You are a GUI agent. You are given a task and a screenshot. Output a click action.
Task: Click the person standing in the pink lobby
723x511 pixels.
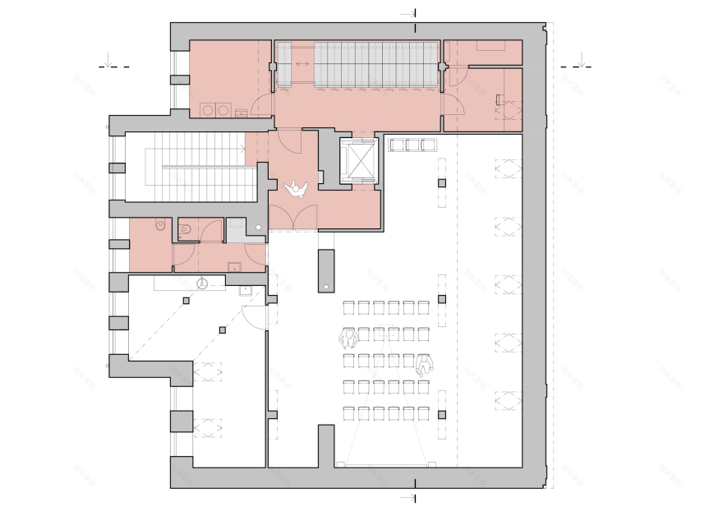tap(296, 190)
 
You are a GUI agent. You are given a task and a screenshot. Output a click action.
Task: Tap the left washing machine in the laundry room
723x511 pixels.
tap(208, 109)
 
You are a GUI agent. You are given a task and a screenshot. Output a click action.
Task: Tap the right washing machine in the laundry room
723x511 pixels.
tap(223, 109)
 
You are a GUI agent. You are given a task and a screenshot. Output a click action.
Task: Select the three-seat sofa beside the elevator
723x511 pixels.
tap(411, 145)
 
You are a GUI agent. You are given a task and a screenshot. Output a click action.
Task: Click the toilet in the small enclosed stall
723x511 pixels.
tap(185, 229)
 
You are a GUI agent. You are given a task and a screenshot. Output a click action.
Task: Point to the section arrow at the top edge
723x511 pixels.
tap(408, 13)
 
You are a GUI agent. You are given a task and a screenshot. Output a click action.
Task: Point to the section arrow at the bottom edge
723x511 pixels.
tap(408, 498)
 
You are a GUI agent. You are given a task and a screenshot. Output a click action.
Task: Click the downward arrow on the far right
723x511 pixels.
tap(582, 60)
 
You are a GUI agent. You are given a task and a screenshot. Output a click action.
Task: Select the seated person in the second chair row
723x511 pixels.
tap(348, 338)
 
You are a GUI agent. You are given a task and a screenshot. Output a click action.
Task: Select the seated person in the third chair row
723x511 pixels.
tap(424, 365)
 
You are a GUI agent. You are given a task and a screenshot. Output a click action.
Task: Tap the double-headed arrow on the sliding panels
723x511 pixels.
tap(302, 62)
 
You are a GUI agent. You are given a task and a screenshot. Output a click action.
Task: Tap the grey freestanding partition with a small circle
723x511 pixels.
tap(326, 271)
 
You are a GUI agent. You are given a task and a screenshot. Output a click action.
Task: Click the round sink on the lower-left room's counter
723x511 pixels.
tap(202, 283)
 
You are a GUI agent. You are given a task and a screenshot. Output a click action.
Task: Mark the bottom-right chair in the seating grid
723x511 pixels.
tap(423, 412)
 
